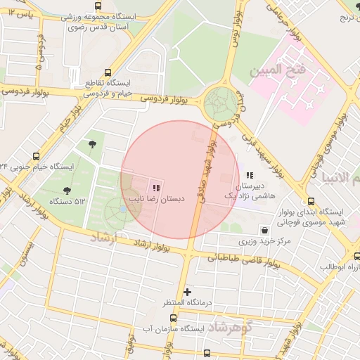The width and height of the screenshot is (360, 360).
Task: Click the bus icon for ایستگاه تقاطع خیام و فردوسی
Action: pos(108,72)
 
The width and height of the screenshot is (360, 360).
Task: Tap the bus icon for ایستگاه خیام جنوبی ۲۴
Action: pos(36,155)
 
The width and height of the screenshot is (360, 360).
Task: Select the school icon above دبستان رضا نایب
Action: pos(155,188)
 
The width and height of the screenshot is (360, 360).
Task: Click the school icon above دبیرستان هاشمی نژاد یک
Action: pos(250,175)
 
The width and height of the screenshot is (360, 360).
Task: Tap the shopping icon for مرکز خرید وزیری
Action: pos(264,230)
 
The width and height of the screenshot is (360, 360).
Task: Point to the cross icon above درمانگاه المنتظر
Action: pos(186,291)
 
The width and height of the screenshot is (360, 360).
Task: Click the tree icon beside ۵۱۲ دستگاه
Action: pos(67,190)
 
